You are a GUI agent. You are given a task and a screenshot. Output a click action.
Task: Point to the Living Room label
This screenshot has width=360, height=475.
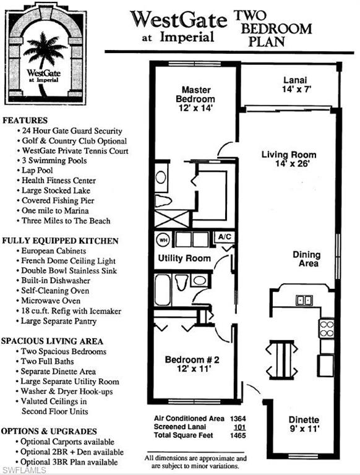(x=289, y=160)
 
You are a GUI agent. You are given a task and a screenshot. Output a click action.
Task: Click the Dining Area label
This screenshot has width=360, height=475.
(x=307, y=259)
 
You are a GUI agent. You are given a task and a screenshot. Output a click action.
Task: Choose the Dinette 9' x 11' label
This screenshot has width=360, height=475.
(x=303, y=424)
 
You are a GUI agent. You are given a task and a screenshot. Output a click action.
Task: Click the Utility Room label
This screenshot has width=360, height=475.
(x=184, y=258)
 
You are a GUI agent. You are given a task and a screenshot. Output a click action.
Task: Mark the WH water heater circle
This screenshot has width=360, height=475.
(x=164, y=239)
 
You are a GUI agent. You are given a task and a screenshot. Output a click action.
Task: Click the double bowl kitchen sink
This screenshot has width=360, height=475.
(x=304, y=300)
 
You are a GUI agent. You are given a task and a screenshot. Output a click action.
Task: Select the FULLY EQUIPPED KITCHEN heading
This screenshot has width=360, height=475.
(x=60, y=241)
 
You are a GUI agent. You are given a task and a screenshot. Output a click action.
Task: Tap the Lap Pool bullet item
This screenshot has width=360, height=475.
(x=38, y=170)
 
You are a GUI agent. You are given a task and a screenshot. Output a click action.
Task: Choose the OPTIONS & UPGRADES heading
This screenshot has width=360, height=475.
(x=49, y=430)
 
